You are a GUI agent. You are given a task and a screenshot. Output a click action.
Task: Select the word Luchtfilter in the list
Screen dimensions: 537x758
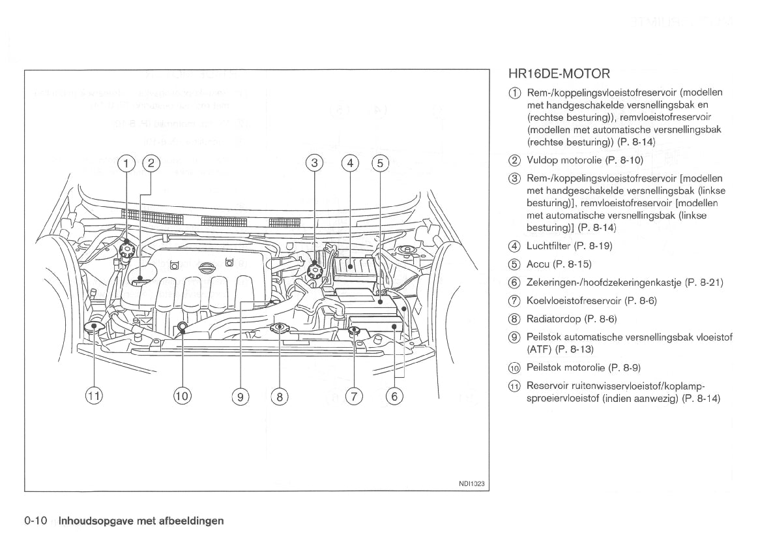pos(548,246)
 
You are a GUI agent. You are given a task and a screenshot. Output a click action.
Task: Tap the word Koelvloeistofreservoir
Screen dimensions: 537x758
pos(574,301)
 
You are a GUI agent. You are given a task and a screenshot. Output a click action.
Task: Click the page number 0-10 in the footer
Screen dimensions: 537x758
pos(36,521)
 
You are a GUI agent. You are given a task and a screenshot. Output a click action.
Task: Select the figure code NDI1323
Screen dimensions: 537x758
pos(473,483)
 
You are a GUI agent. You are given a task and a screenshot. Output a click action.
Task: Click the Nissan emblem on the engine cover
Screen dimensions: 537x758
pos(206,269)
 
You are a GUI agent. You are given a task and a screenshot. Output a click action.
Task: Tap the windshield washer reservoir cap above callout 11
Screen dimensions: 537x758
pos(95,326)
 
